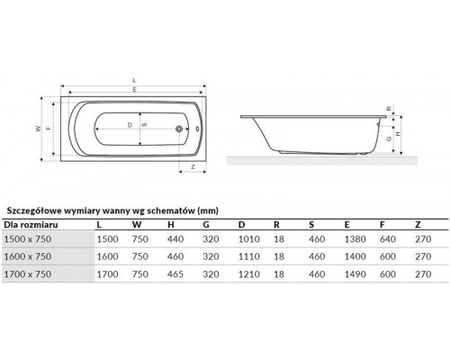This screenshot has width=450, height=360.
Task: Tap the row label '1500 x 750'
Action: click(33, 238)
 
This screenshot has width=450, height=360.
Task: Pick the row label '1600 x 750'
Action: click(33, 256)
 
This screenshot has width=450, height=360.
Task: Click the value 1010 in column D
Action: click(247, 238)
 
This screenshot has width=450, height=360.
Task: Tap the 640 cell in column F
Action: click(388, 238)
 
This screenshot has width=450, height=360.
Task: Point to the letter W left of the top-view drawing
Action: click(39, 128)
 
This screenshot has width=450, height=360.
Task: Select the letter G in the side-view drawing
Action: click(387, 139)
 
